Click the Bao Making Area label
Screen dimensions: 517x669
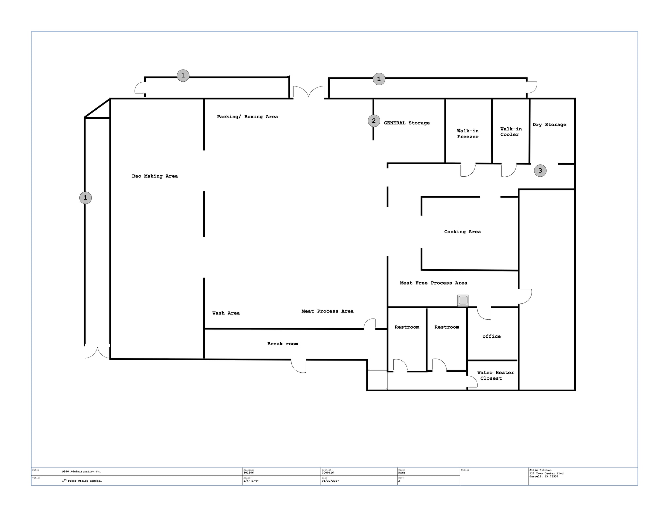(x=155, y=176)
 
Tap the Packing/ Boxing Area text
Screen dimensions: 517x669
(x=247, y=117)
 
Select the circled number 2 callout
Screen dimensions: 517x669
(x=374, y=121)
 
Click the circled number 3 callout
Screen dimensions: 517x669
(x=540, y=170)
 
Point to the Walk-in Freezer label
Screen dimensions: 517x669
(x=467, y=134)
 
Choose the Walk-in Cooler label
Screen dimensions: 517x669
(x=511, y=132)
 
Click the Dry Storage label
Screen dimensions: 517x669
(x=549, y=124)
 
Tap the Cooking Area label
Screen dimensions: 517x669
(x=462, y=232)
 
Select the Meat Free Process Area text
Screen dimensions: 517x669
(x=433, y=283)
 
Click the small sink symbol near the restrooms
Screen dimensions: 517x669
(x=463, y=300)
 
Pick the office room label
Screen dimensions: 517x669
(x=491, y=336)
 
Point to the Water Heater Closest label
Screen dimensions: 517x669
(x=495, y=375)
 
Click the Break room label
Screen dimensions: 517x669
(x=283, y=344)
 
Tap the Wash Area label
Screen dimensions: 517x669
(x=226, y=313)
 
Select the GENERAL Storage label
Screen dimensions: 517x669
(x=406, y=123)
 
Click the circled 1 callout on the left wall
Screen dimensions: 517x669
(x=85, y=198)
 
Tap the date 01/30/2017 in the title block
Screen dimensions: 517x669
(x=330, y=481)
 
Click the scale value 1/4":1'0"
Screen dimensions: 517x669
(x=251, y=481)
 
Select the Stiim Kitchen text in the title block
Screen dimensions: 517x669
(x=540, y=470)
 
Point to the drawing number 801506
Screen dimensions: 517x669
(x=248, y=473)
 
